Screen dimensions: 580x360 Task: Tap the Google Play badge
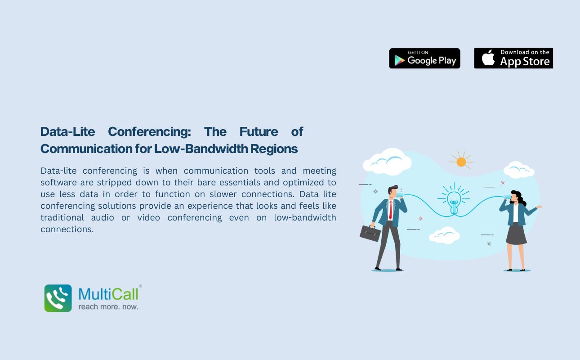pos(424,58)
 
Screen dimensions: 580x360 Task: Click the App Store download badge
pos(513,58)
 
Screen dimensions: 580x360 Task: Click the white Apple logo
pos(488,58)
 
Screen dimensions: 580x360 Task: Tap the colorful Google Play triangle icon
pos(399,60)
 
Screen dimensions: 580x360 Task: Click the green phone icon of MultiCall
pos(58,298)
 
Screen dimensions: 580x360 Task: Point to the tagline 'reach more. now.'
pos(108,307)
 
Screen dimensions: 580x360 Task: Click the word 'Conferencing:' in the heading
pos(149,132)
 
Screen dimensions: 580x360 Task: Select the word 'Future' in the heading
pos(259,132)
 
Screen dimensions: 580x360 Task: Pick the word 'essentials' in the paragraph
pos(240,182)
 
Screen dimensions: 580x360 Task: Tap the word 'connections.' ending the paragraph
pos(67,229)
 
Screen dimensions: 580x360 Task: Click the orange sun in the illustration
pos(461,162)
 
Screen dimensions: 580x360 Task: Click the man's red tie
pos(390,210)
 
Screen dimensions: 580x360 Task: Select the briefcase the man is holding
pos(370,233)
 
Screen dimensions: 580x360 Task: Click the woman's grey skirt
pos(516,234)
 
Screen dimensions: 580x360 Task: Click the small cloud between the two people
pos(444,235)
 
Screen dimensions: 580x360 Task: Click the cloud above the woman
pos(519,170)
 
